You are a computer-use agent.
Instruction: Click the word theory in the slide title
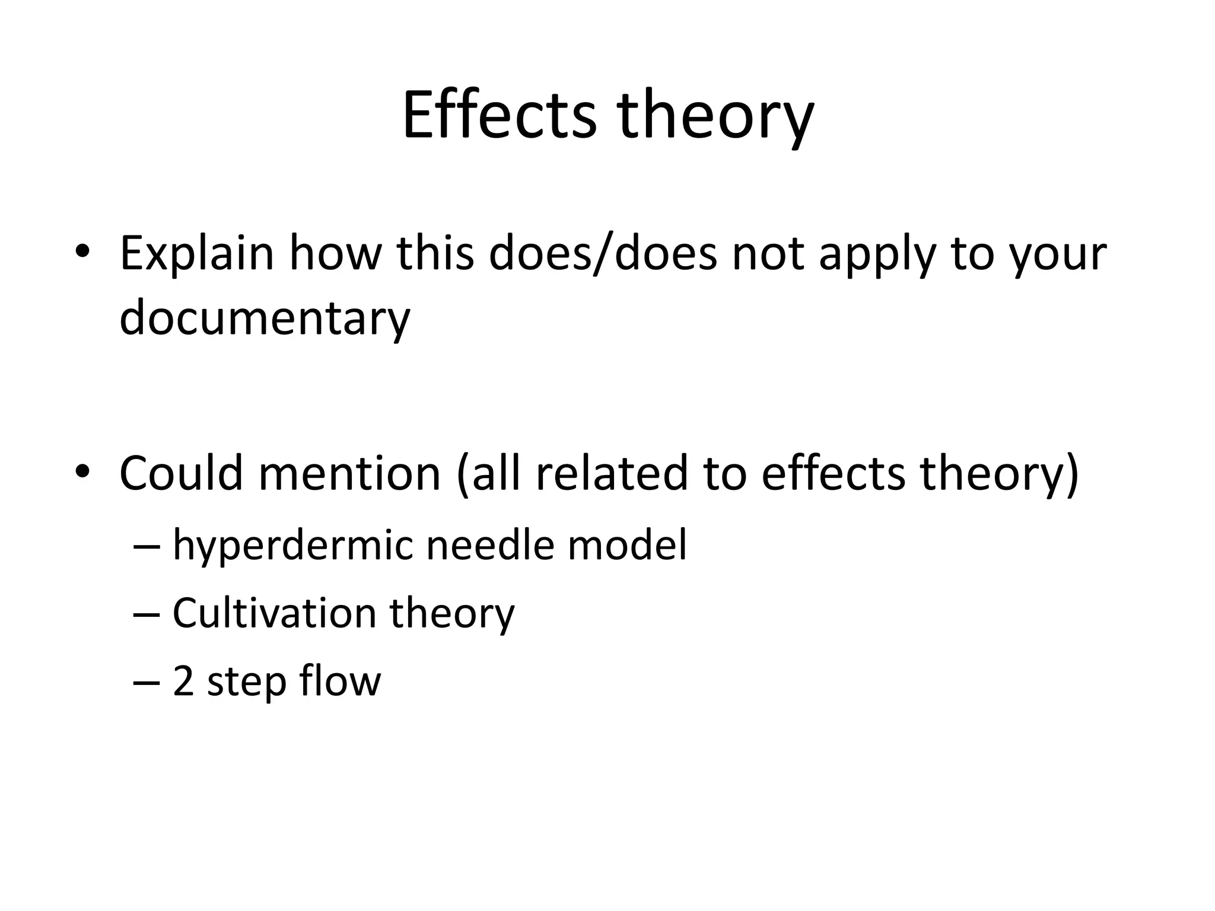tap(715, 116)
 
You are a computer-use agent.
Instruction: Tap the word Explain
tap(196, 254)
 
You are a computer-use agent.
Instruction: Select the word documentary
tap(265, 318)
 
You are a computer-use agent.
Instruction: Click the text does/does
tap(603, 254)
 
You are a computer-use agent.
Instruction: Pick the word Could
tap(181, 473)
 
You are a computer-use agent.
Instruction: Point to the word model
tap(627, 544)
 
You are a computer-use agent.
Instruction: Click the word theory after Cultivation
tap(452, 614)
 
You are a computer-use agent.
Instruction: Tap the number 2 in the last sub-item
tap(183, 681)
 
